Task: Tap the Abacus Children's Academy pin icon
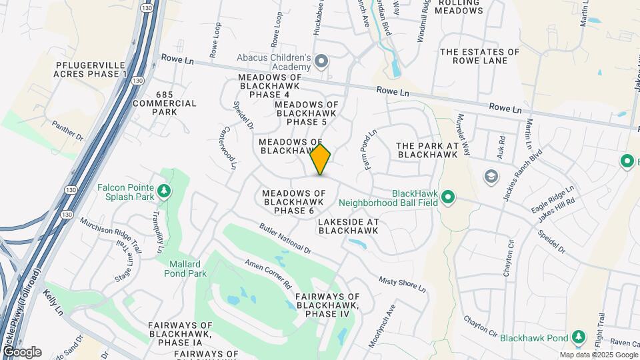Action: tap(321, 62)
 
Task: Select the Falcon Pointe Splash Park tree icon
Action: tap(163, 192)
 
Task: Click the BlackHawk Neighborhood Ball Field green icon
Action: tap(449, 197)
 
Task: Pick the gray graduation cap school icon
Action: tap(491, 175)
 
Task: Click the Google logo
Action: tap(21, 351)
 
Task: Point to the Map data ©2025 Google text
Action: tap(598, 355)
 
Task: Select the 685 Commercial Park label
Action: tap(165, 103)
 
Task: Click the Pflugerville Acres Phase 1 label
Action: tap(91, 68)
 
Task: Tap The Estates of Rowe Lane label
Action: tap(479, 56)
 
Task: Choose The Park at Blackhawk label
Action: tap(427, 150)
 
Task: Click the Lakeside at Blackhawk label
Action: tap(348, 226)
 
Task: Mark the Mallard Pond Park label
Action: tap(184, 268)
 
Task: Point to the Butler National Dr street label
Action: tap(285, 239)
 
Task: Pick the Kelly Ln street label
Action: tap(53, 301)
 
